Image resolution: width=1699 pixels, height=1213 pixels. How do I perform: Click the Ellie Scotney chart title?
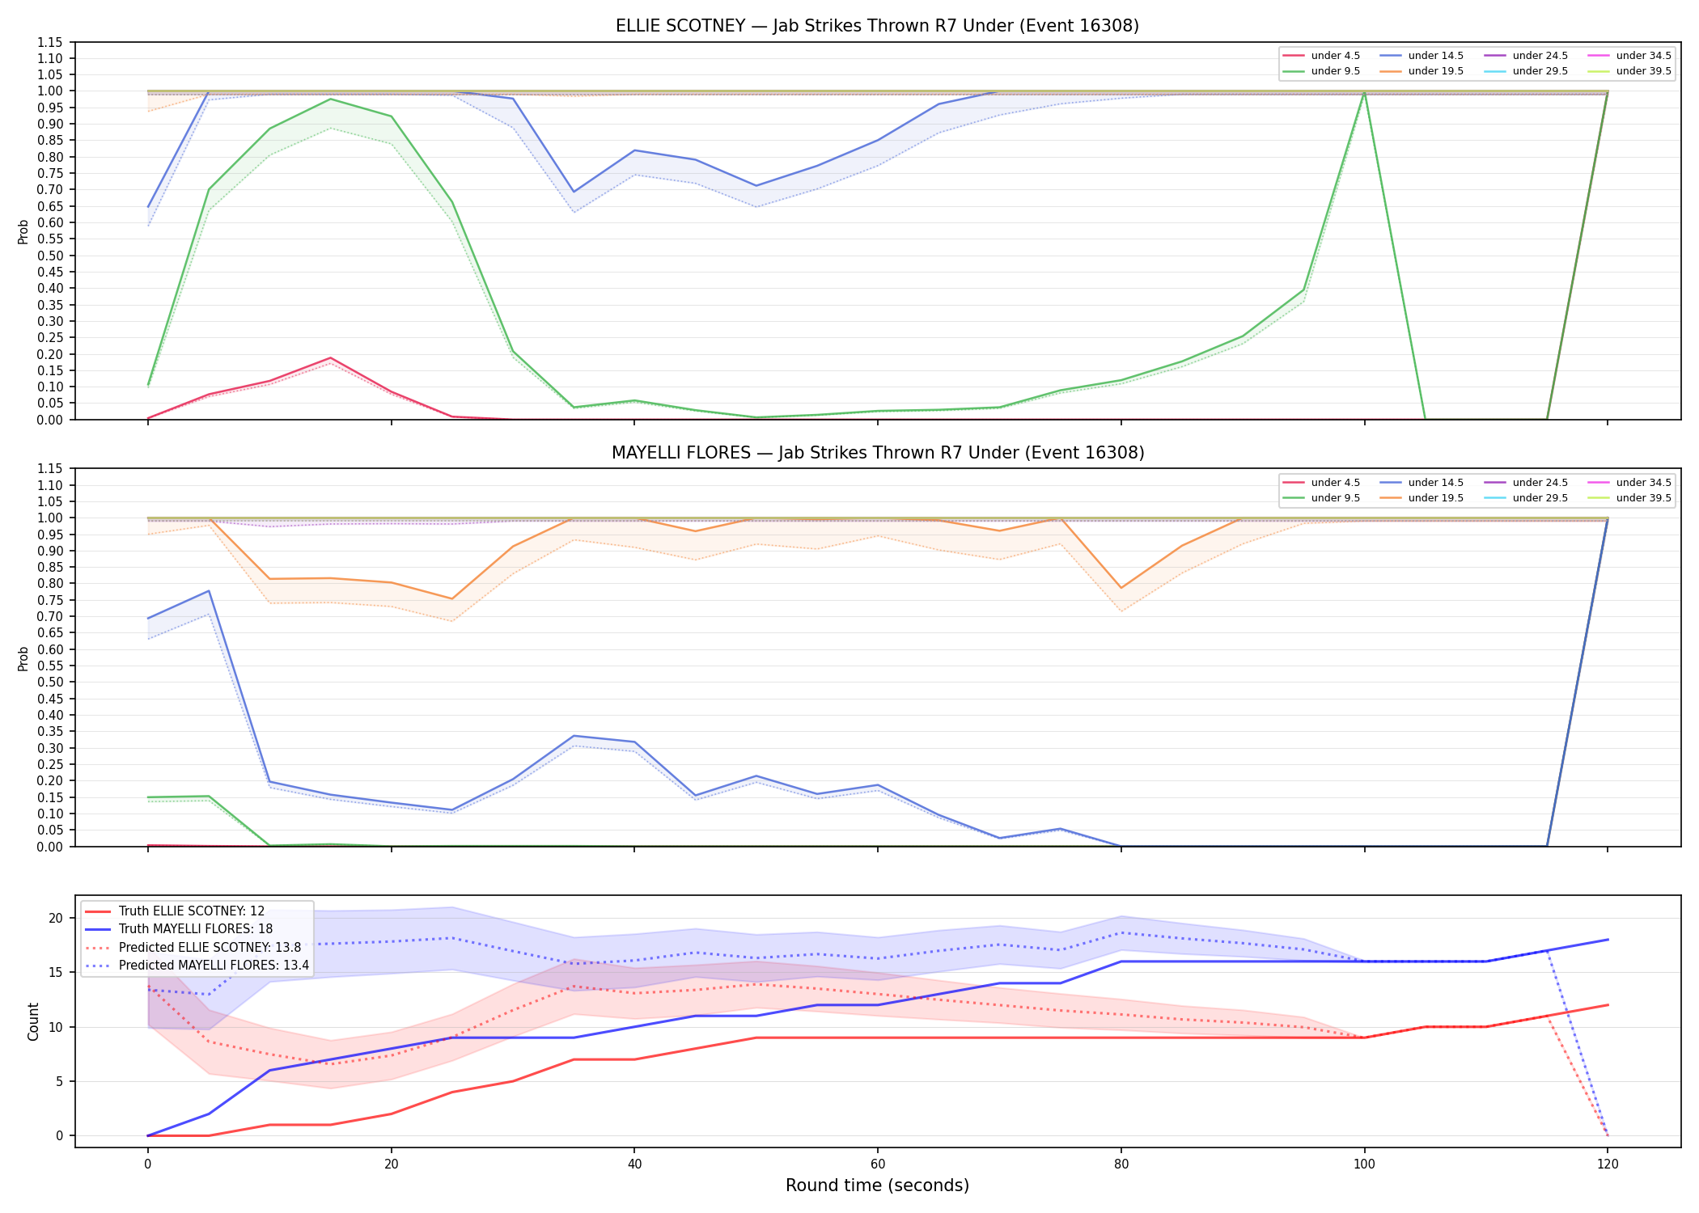tap(877, 26)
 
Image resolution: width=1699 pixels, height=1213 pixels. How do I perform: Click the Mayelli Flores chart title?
tap(878, 453)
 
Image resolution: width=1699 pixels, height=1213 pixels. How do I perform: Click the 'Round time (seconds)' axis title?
tap(877, 1186)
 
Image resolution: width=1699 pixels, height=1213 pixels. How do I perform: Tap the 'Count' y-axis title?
tap(33, 1021)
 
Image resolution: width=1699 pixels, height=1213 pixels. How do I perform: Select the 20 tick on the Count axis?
tap(56, 918)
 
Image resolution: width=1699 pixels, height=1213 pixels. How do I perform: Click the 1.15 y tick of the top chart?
tap(49, 42)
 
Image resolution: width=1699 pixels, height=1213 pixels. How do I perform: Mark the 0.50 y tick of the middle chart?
tap(49, 683)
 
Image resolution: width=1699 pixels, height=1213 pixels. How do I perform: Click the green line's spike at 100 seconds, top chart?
tap(1364, 91)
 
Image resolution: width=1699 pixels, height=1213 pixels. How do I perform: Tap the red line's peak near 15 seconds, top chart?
tap(330, 358)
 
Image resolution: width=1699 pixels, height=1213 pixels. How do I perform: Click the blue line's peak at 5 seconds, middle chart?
tap(209, 590)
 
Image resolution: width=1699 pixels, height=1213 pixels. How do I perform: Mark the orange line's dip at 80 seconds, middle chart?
tap(1121, 588)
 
